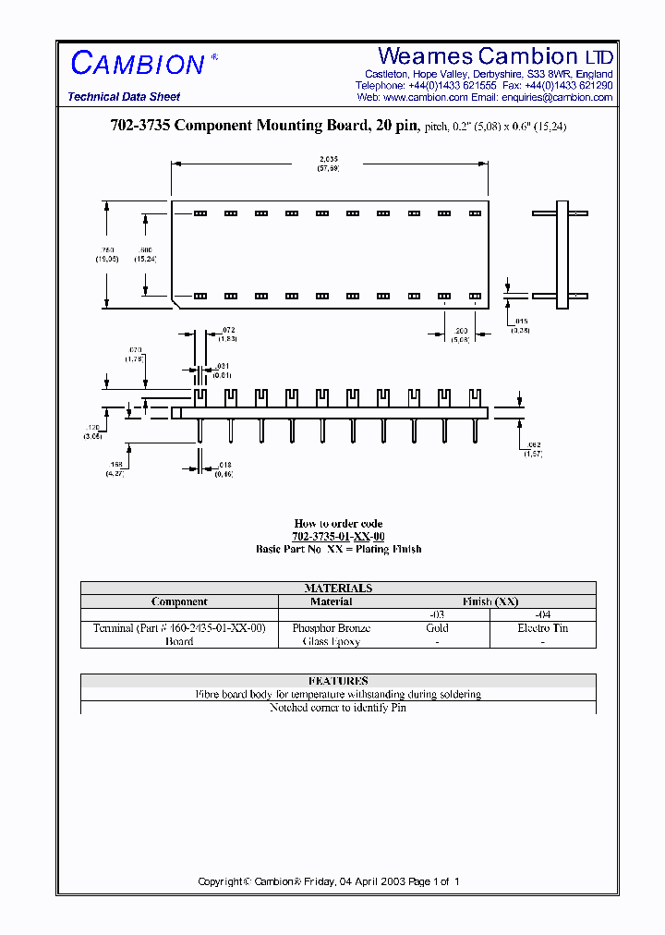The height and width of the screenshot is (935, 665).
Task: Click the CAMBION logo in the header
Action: (x=138, y=64)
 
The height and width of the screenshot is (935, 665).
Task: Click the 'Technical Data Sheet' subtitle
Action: (x=124, y=97)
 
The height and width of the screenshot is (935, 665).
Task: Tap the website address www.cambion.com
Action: (x=425, y=97)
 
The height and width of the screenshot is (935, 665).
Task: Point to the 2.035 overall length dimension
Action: (x=329, y=159)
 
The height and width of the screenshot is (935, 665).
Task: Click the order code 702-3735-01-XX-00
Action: (x=338, y=537)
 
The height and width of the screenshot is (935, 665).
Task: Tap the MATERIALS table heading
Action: (x=338, y=588)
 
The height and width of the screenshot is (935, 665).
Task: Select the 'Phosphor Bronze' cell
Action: (x=332, y=628)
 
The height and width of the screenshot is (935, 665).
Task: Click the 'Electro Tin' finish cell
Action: (x=542, y=628)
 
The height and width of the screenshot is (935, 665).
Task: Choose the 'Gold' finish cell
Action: (x=437, y=628)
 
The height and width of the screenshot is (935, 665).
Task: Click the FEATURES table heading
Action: (x=338, y=681)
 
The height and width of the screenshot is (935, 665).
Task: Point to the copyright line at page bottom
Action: (x=329, y=881)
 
